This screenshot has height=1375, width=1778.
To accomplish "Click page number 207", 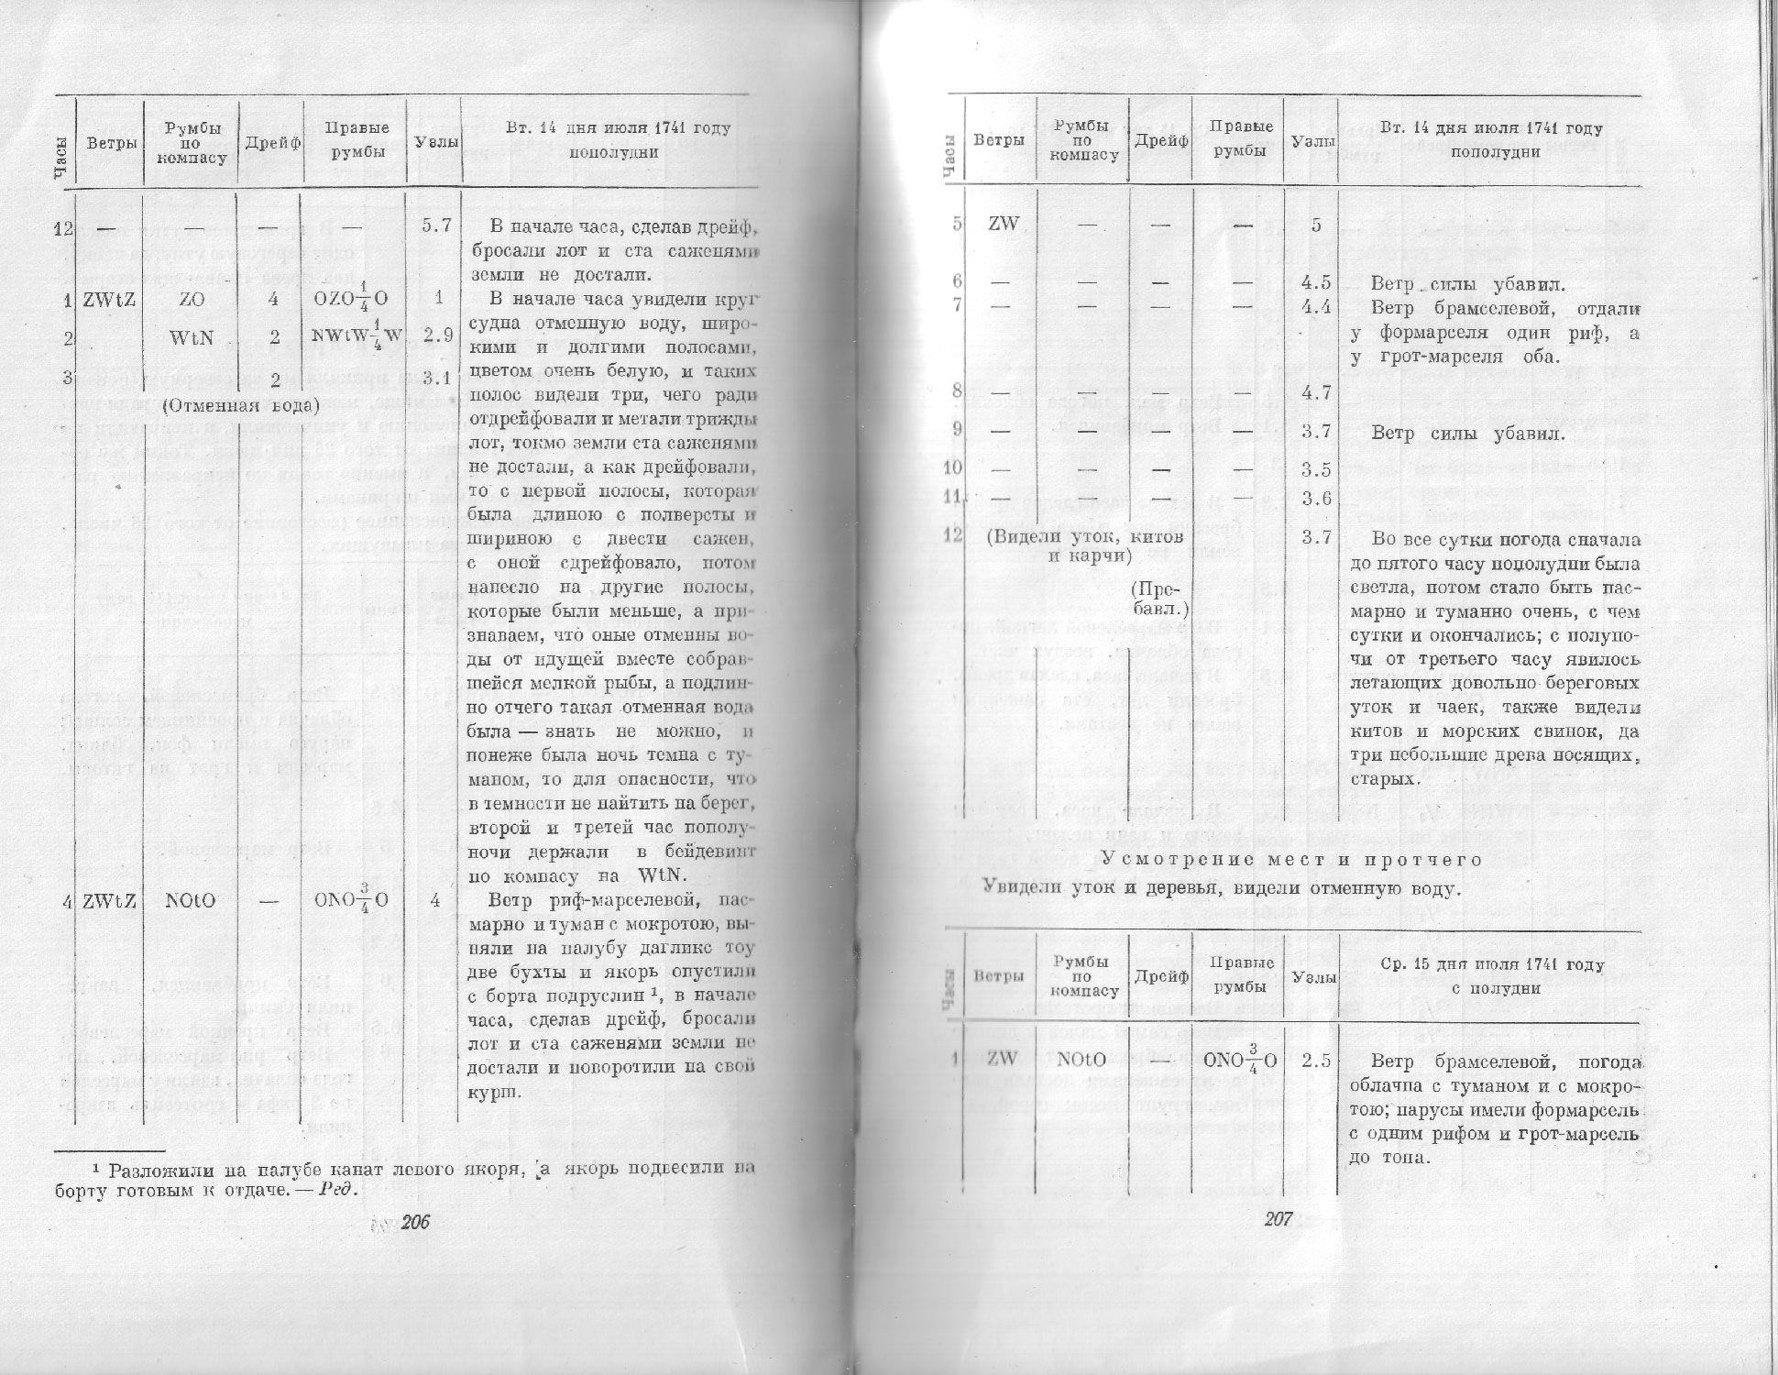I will point(1278,1219).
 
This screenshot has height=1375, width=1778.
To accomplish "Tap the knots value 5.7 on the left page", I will point(436,225).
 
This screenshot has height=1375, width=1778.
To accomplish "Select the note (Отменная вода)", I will point(240,405).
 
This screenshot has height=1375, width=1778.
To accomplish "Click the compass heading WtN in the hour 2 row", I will point(192,337).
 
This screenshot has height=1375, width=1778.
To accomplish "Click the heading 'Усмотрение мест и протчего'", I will point(1291,860).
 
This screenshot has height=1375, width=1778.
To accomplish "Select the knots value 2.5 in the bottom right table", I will point(1315,1061).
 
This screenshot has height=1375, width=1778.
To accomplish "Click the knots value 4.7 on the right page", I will point(1315,393).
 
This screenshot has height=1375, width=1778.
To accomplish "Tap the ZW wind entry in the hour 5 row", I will point(1004,224).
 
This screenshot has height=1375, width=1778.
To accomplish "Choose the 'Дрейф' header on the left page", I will point(273,142).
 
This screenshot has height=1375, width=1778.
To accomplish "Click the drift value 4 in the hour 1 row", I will point(274,299).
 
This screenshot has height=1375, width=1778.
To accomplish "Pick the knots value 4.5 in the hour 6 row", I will point(1315,283).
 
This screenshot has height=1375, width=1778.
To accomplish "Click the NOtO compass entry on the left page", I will point(190,900).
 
